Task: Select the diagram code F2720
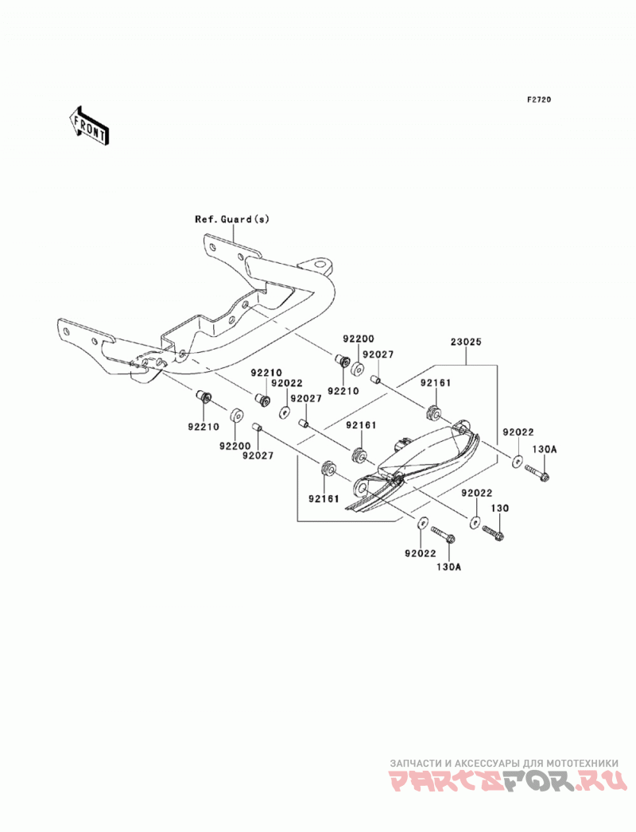[x=539, y=99]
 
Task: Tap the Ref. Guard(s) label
[x=232, y=219]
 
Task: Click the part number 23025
[x=466, y=342]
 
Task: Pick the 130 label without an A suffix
[x=499, y=509]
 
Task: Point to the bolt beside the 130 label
[x=493, y=532]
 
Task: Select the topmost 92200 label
[x=359, y=339]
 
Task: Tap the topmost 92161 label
[x=436, y=382]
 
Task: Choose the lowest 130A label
[x=448, y=567]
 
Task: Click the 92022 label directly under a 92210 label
[x=287, y=383]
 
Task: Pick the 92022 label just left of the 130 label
[x=477, y=493]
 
